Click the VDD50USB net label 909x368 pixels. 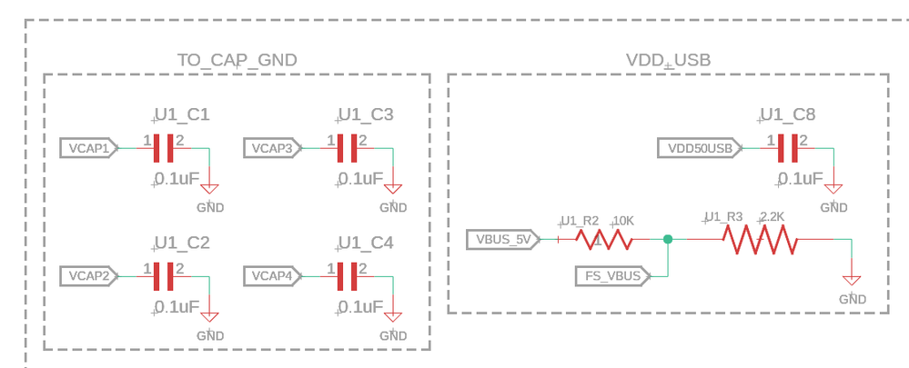pos(700,148)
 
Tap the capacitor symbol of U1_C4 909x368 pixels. pos(347,275)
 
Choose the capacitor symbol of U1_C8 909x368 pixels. pos(788,148)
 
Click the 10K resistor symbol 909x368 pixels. pos(603,240)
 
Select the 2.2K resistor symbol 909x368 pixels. pos(760,240)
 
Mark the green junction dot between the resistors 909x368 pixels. pos(669,240)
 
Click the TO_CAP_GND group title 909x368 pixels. pos(237,61)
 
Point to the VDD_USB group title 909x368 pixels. pos(668,61)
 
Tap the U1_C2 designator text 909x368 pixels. pos(182,244)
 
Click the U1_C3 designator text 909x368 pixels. pos(365,115)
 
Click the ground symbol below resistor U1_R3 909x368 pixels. pos(852,283)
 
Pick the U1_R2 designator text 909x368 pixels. pos(580,221)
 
